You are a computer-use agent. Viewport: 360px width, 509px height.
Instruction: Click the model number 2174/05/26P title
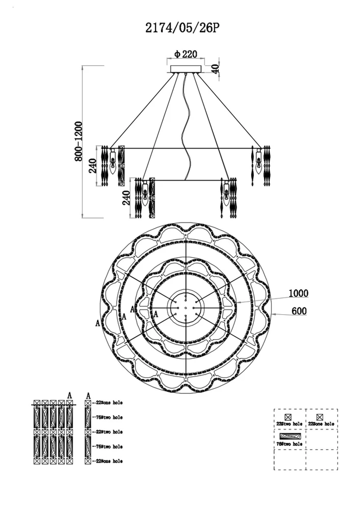tap(182, 28)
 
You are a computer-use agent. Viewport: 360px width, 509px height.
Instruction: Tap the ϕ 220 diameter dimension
tap(186, 54)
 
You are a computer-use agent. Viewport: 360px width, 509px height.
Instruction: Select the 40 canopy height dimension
tap(215, 68)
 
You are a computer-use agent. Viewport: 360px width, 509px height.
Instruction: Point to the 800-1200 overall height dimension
tap(78, 141)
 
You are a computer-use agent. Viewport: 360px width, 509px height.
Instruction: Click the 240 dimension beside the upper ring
tap(93, 166)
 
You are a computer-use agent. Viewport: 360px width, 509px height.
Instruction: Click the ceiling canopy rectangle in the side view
tap(186, 69)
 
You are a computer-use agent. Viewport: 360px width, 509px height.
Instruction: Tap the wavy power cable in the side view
tap(188, 126)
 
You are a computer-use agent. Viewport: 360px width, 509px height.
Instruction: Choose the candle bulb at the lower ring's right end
tap(226, 195)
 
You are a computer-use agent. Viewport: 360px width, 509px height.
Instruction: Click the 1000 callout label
tap(298, 293)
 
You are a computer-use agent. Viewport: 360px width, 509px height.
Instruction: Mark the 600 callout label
tap(299, 311)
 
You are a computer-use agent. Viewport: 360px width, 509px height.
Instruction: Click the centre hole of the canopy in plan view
tap(186, 308)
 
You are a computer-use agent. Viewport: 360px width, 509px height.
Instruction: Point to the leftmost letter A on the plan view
tap(98, 323)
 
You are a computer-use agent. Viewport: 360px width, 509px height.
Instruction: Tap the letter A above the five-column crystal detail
tap(69, 395)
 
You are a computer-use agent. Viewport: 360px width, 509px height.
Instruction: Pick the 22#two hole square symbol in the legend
tap(288, 417)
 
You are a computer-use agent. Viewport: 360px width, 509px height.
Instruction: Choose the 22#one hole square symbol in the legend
tap(319, 417)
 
